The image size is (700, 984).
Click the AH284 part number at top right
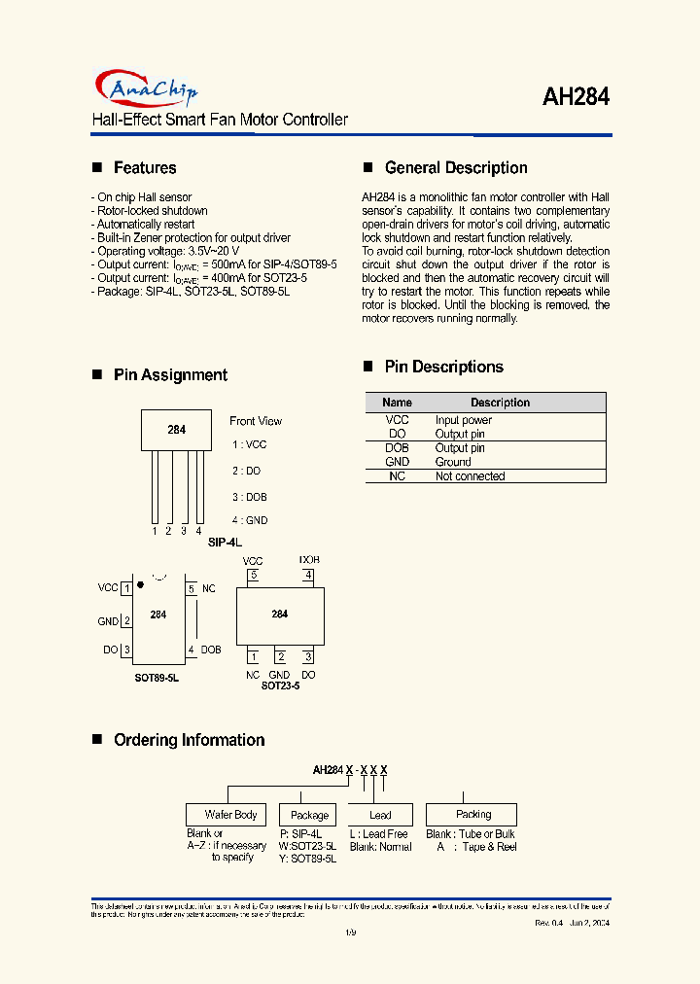click(575, 98)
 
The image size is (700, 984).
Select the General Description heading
click(456, 168)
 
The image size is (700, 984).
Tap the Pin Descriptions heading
click(443, 367)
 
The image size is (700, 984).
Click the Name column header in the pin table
click(397, 403)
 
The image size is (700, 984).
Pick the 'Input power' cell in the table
click(464, 420)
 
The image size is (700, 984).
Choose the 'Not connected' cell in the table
click(470, 476)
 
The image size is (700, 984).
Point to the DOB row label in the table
click(397, 448)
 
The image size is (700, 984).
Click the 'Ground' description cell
click(453, 462)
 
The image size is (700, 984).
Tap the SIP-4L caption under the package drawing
click(225, 542)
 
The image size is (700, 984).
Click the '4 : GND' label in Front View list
click(250, 521)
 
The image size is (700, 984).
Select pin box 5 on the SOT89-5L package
click(192, 589)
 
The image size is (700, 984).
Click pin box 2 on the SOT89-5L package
click(126, 621)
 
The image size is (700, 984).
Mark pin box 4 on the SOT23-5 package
click(308, 576)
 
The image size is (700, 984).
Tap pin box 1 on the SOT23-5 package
click(253, 657)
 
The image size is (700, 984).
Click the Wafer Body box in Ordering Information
click(231, 815)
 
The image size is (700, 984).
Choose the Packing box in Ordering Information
click(473, 814)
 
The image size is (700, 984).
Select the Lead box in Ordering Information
click(380, 815)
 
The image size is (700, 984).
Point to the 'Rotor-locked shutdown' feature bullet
click(151, 211)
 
